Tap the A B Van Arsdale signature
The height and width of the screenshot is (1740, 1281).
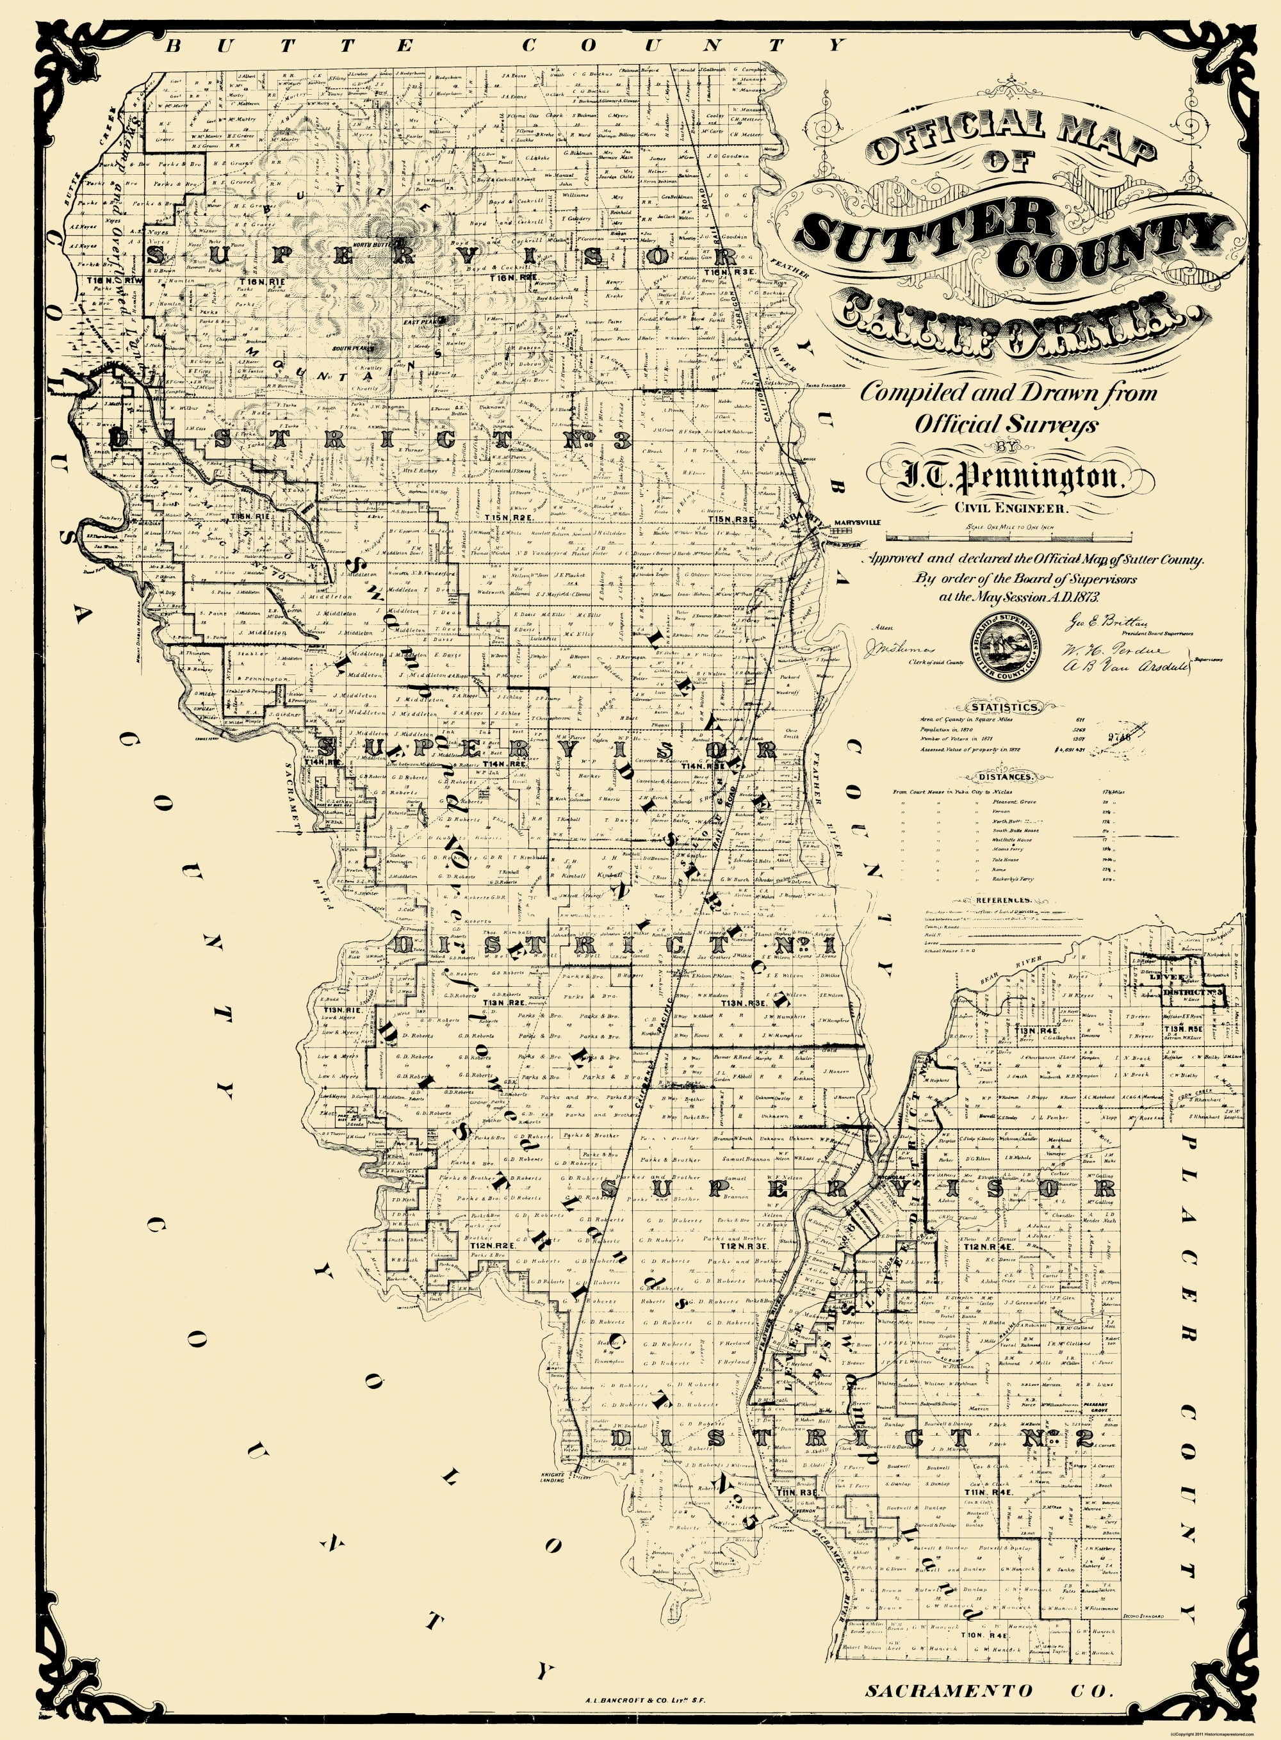click(1106, 663)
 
